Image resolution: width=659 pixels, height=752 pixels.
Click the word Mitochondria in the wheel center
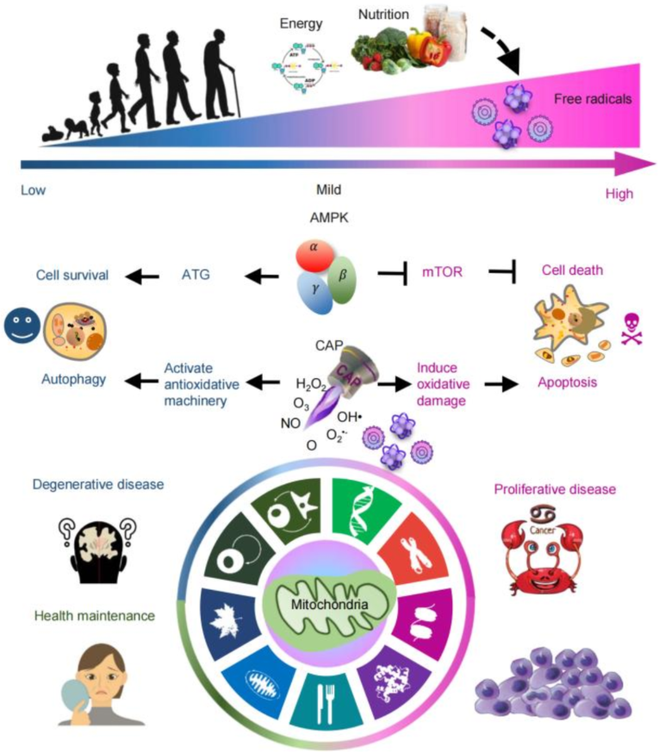[x=328, y=604]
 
